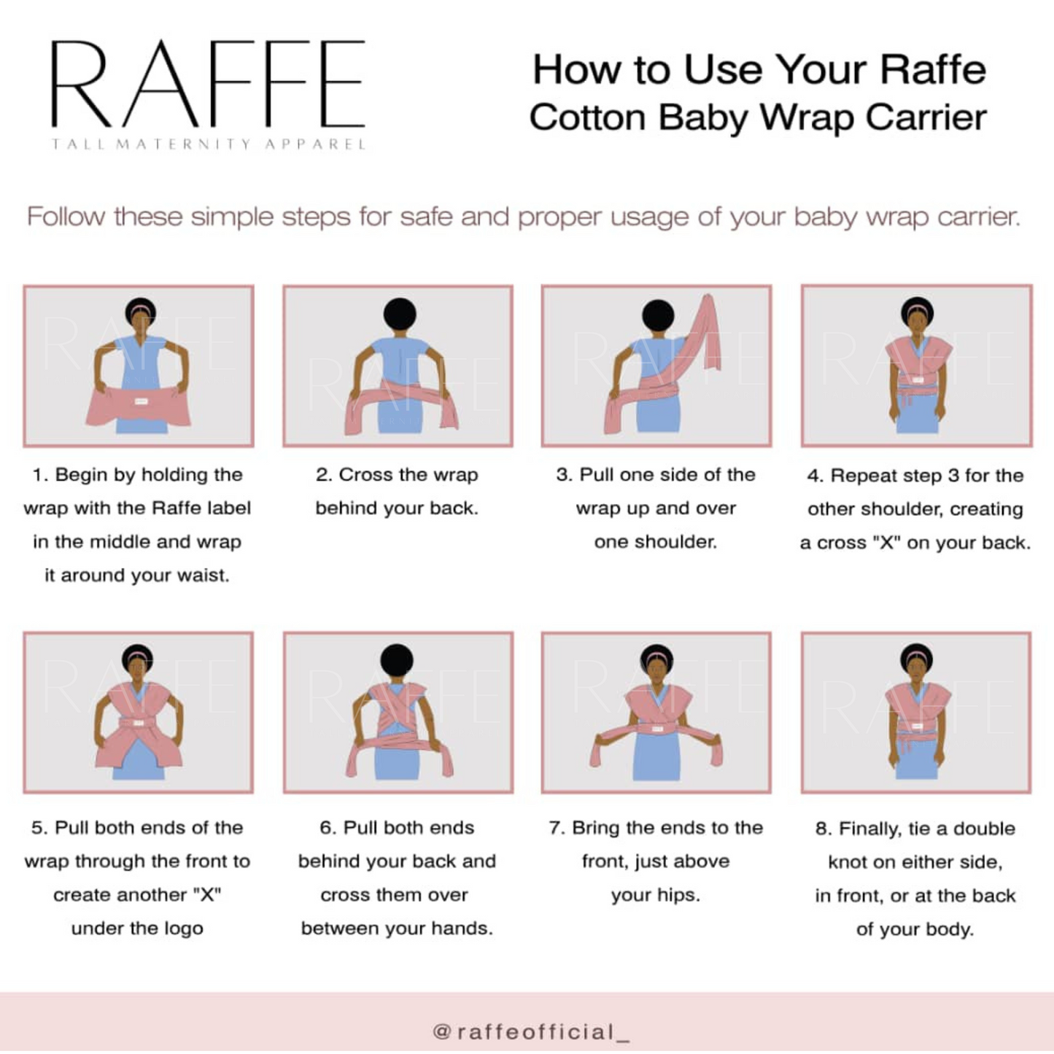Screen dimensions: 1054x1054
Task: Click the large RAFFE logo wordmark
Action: point(208,84)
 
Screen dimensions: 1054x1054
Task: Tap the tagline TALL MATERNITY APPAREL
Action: point(208,144)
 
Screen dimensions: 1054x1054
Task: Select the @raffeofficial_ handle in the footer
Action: point(530,1032)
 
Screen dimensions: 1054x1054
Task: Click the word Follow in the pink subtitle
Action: point(66,217)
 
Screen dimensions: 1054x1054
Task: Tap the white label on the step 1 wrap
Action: point(141,401)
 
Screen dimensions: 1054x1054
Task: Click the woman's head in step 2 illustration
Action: point(400,314)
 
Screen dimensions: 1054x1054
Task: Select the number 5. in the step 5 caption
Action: point(39,828)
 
